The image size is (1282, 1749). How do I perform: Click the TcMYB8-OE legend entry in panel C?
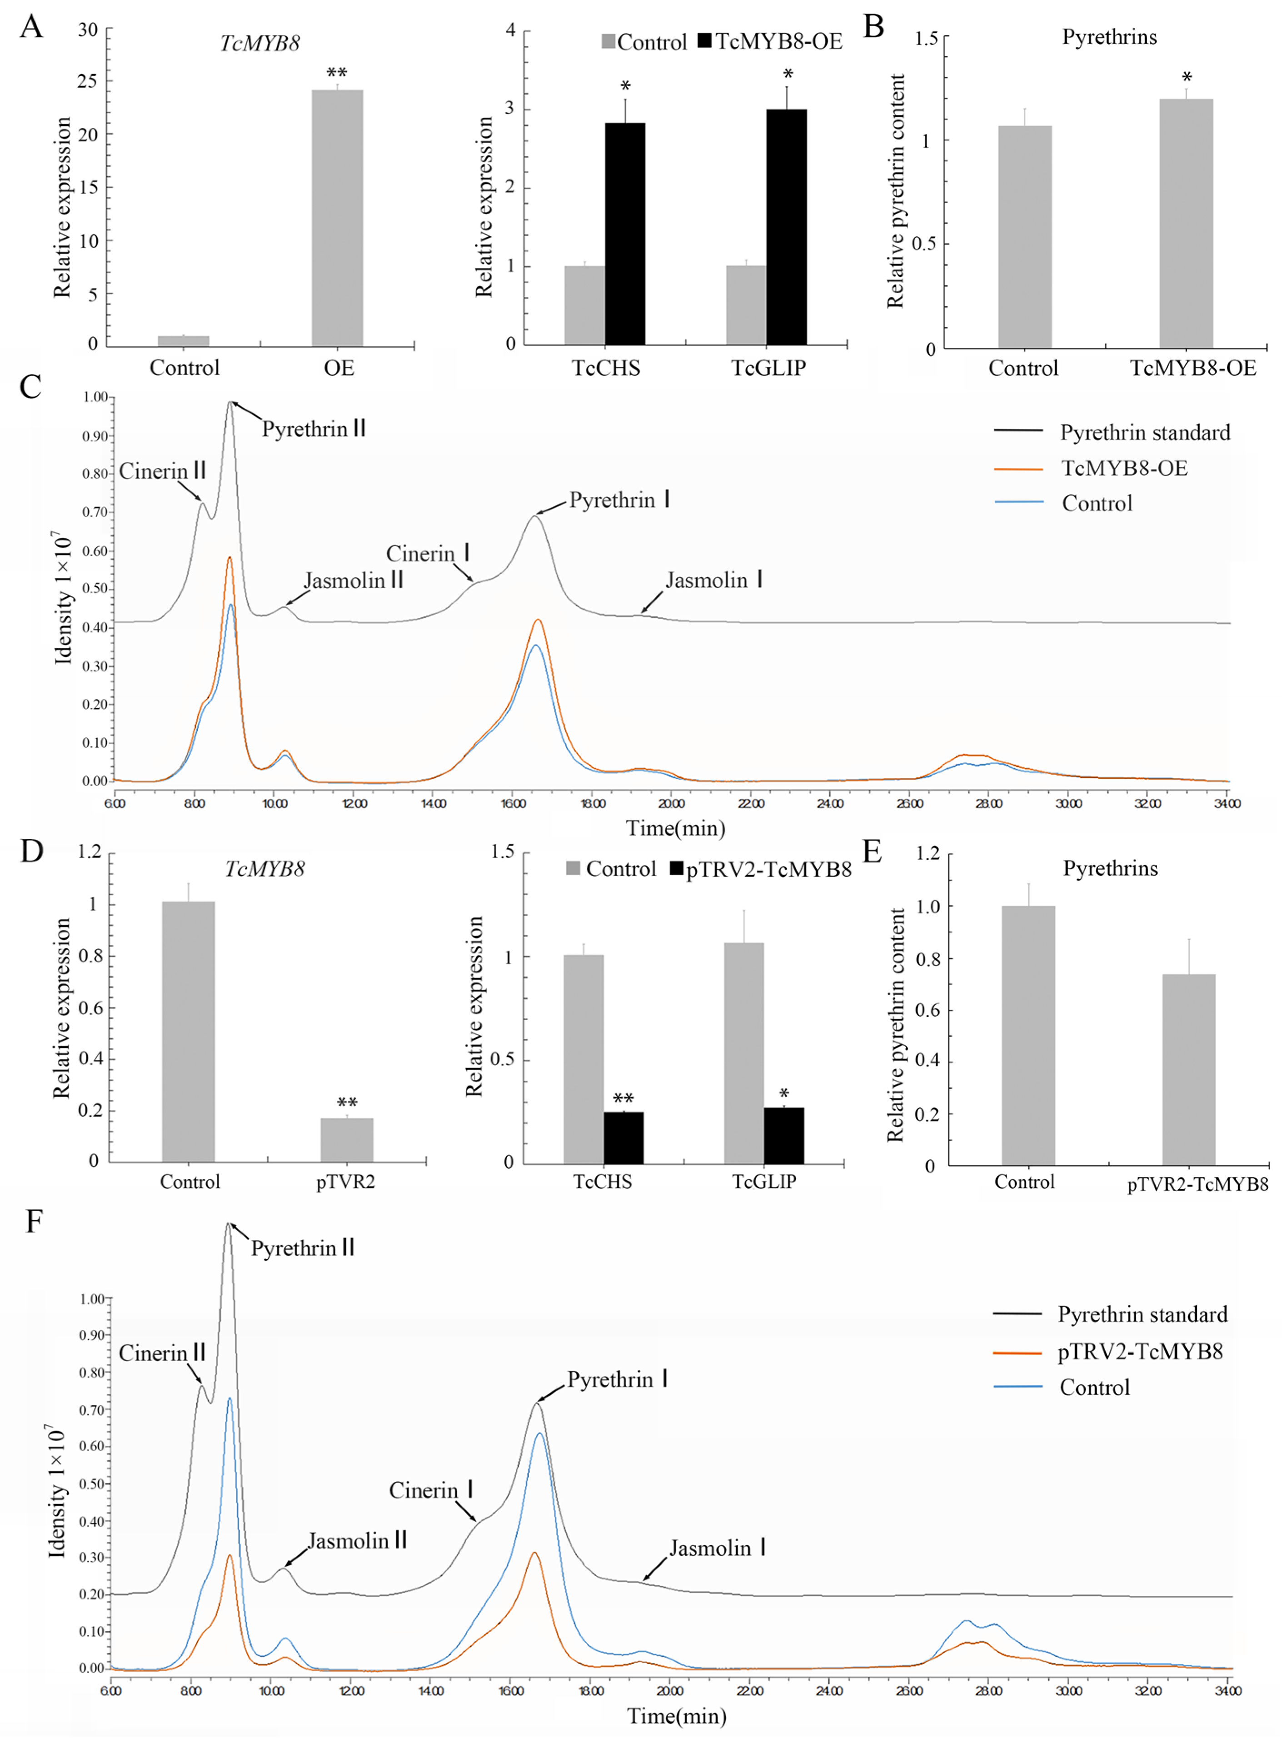pyautogui.click(x=1124, y=468)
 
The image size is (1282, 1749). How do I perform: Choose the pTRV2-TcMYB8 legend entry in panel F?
pyautogui.click(x=1139, y=1352)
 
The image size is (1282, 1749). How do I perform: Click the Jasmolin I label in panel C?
pyautogui.click(x=714, y=580)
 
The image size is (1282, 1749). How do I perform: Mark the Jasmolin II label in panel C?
pyautogui.click(x=353, y=581)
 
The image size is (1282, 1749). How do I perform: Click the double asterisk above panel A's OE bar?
pyautogui.click(x=337, y=74)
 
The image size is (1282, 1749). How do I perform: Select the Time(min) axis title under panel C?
pyautogui.click(x=676, y=828)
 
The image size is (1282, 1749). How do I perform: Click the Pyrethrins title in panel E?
pyautogui.click(x=1110, y=869)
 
